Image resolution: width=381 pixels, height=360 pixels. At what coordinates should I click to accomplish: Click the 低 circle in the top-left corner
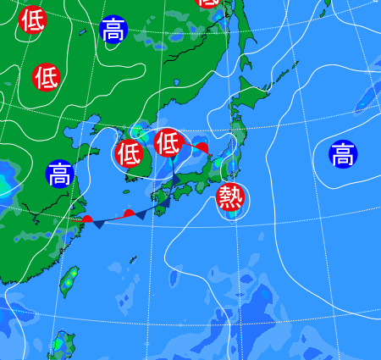tap(33, 19)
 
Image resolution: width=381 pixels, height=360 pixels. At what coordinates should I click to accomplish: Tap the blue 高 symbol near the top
tap(113, 30)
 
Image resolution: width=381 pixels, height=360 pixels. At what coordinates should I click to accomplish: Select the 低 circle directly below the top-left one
tap(47, 77)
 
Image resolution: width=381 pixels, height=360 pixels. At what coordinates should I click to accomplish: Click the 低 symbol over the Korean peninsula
tap(129, 153)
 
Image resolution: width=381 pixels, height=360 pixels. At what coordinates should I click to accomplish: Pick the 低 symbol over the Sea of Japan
tap(168, 142)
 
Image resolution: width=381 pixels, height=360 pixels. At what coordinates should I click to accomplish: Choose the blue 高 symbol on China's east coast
tap(59, 174)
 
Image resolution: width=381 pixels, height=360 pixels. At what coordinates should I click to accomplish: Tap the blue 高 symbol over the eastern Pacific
tap(343, 154)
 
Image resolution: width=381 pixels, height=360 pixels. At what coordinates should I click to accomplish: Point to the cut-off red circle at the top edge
tap(207, 3)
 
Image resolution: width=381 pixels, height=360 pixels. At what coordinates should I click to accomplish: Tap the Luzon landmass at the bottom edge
tap(61, 347)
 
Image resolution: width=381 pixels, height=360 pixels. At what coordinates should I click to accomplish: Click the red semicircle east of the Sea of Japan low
tap(202, 148)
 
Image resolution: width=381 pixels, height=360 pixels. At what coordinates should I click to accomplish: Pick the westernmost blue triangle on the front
tap(100, 224)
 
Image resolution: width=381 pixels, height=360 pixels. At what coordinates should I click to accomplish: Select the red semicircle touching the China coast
tap(87, 219)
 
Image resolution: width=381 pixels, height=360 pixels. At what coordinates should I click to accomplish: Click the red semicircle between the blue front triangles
tap(129, 213)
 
